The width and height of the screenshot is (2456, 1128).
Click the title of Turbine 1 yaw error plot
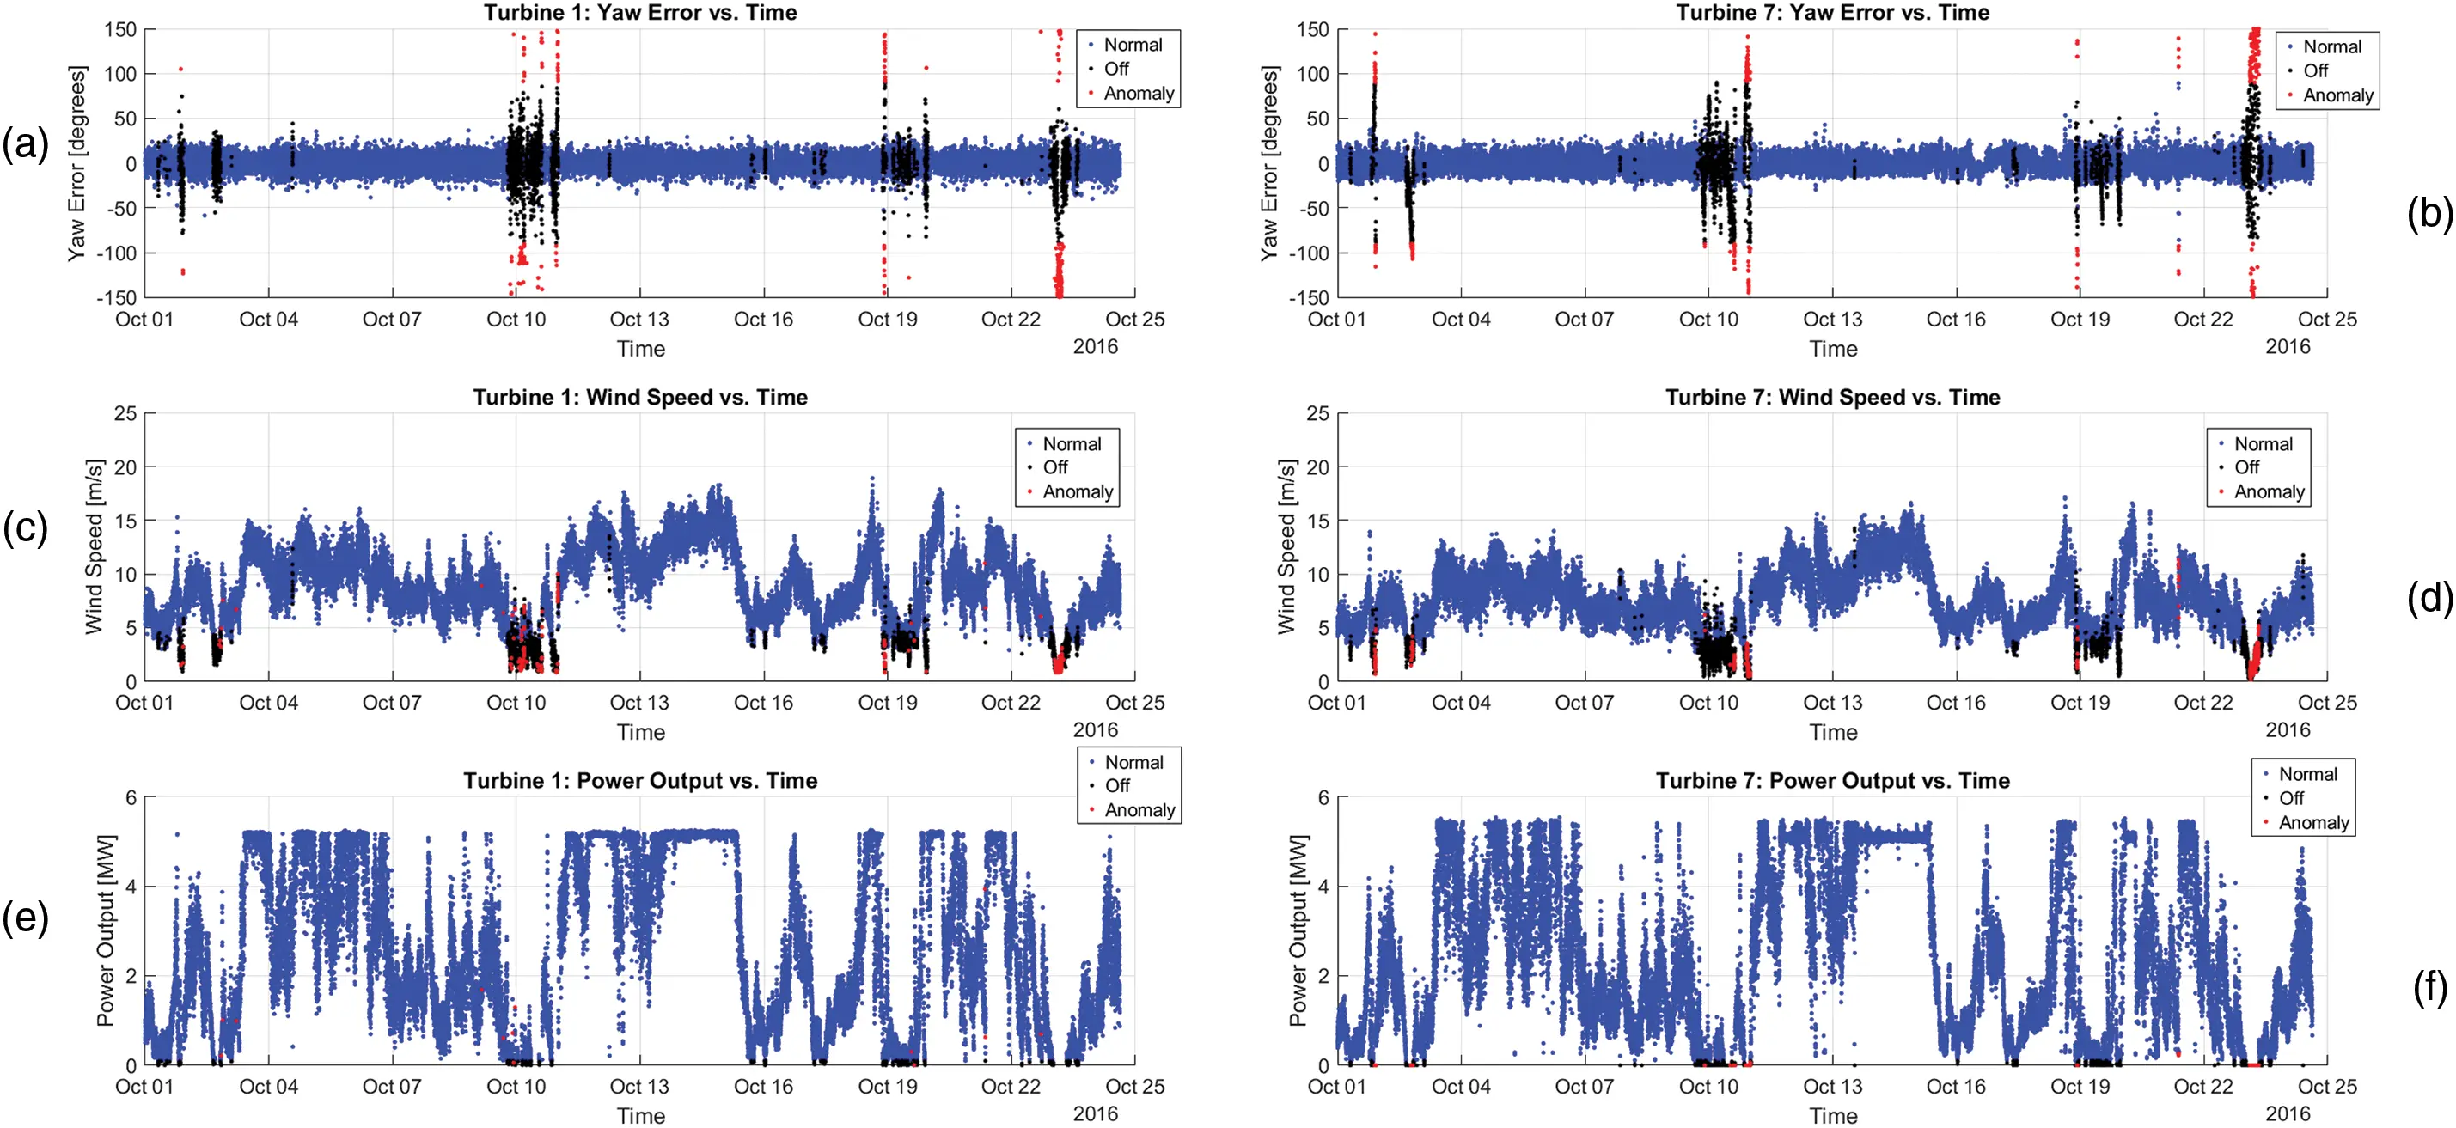click(639, 12)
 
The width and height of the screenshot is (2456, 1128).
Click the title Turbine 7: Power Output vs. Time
click(1831, 780)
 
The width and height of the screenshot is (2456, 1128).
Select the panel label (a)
click(25, 145)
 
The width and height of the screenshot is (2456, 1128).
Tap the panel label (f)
click(2430, 988)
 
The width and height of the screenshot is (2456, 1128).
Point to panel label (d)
click(2429, 598)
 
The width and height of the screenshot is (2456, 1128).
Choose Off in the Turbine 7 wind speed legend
click(2246, 467)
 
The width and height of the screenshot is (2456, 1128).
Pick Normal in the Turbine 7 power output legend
click(2307, 774)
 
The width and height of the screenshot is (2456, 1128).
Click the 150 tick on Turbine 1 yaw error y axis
click(121, 29)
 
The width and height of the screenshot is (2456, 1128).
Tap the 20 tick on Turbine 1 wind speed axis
click(125, 467)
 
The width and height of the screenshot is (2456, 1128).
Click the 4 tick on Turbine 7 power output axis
click(1323, 887)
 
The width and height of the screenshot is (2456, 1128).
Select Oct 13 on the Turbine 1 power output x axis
click(638, 1086)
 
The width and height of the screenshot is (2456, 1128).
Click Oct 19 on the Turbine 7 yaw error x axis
click(2080, 320)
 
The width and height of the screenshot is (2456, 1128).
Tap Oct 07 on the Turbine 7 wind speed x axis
click(1584, 703)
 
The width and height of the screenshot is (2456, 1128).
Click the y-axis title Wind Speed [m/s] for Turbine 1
click(94, 546)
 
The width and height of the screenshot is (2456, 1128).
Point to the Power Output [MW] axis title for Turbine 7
click(1297, 930)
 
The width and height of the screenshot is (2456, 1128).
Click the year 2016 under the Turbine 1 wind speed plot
click(1095, 729)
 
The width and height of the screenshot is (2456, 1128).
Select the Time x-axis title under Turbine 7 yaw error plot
click(1832, 349)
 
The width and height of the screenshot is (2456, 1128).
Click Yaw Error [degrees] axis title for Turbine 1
click(76, 163)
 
